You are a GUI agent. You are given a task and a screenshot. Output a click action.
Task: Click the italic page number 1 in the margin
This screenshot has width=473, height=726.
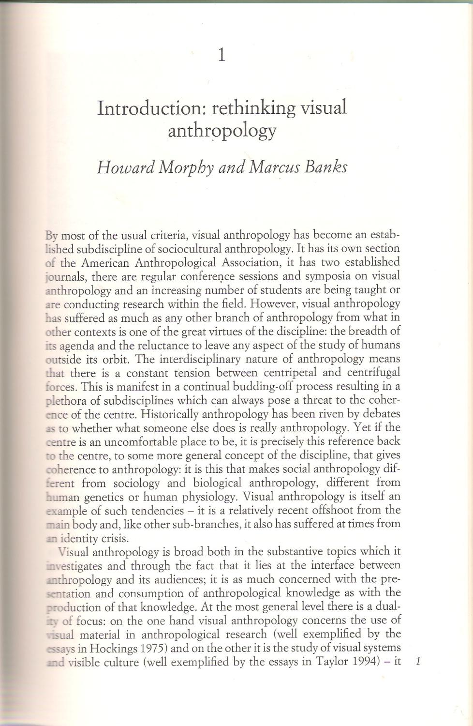pyautogui.click(x=418, y=661)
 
